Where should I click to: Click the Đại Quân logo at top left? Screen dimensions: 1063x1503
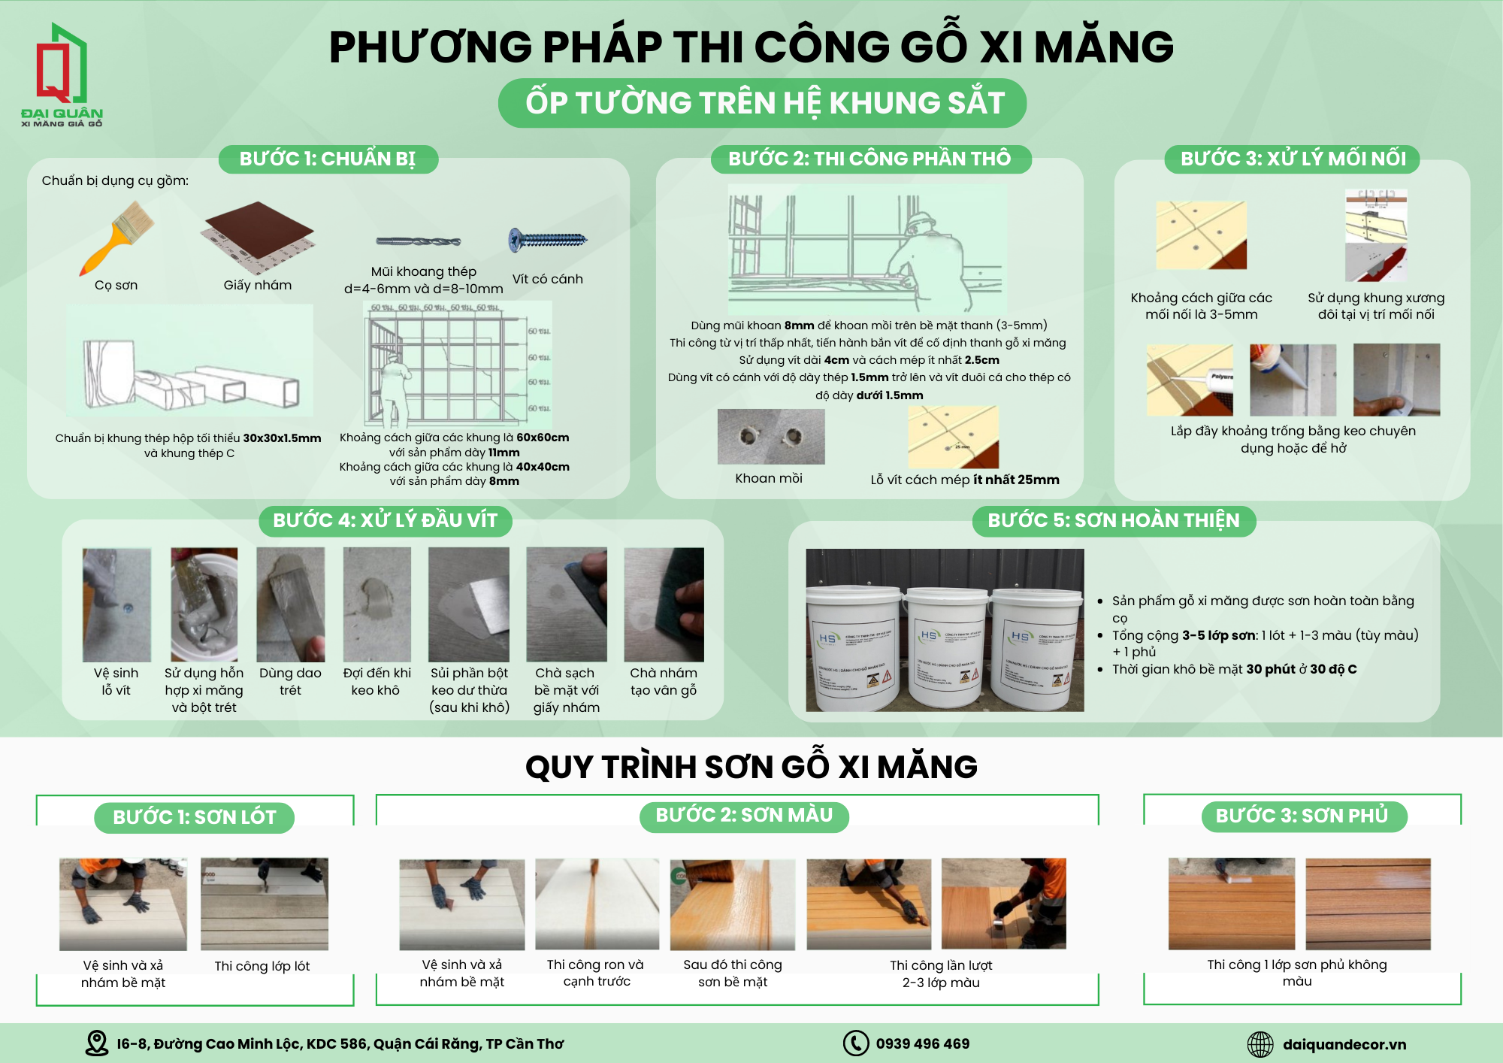62,75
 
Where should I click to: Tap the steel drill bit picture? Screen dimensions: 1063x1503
419,241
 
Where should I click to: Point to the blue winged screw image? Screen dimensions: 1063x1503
548,240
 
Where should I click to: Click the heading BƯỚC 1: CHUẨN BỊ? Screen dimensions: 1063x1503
328,159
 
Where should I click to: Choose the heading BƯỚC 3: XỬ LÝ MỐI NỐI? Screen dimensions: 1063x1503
1293,159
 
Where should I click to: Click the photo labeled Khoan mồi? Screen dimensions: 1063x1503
771,437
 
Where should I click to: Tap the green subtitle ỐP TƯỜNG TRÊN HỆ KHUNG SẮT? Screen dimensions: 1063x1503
763,103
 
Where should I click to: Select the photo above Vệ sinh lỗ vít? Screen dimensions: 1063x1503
116,604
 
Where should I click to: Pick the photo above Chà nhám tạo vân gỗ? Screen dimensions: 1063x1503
664,604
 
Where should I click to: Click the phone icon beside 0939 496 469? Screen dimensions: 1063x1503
856,1043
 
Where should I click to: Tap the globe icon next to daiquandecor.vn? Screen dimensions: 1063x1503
1260,1044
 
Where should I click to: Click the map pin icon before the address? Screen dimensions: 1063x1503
97,1043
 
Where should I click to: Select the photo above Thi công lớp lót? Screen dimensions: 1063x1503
265,904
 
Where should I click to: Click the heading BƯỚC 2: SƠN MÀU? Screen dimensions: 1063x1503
744,816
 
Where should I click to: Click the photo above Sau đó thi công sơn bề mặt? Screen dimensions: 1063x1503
733,904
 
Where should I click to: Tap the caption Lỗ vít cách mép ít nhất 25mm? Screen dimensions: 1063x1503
965,480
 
